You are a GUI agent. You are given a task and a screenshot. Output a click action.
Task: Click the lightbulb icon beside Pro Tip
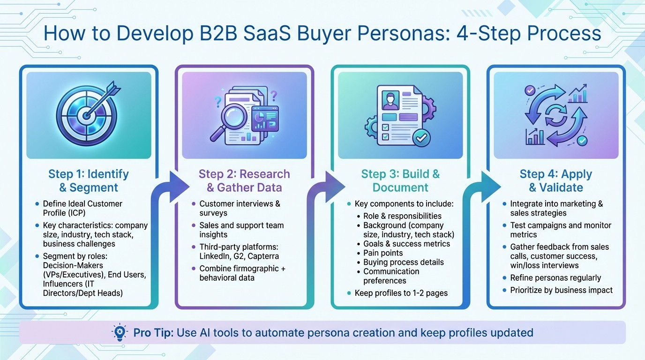pyautogui.click(x=120, y=332)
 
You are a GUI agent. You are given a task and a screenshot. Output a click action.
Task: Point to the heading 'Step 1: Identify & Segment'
pyautogui.click(x=89, y=181)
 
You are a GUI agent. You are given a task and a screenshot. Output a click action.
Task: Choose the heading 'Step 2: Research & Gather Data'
pyautogui.click(x=244, y=181)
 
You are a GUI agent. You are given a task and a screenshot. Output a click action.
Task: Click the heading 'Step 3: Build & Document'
pyautogui.click(x=400, y=181)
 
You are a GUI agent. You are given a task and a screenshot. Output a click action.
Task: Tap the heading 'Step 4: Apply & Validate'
pyautogui.click(x=556, y=181)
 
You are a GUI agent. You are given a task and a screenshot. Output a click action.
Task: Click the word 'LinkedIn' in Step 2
pyautogui.click(x=215, y=256)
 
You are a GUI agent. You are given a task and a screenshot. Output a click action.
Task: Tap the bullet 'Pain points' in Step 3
pyautogui.click(x=383, y=253)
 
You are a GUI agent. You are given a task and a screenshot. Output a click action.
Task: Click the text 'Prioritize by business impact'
pyautogui.click(x=561, y=290)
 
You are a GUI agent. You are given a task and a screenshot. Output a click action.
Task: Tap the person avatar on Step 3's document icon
pyautogui.click(x=390, y=100)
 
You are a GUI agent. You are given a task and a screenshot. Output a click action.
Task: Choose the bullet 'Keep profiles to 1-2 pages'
pyautogui.click(x=401, y=293)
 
